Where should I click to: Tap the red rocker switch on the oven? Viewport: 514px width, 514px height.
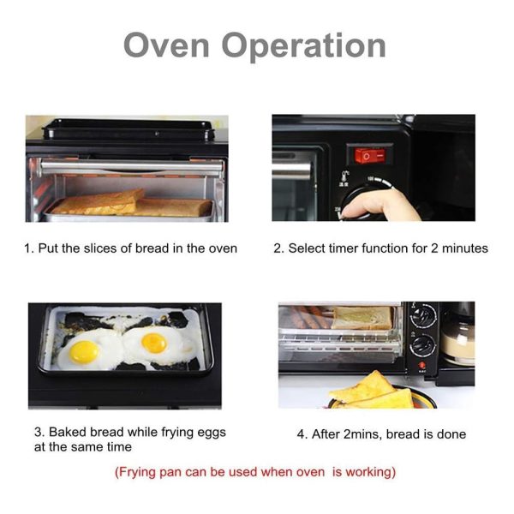point(363,156)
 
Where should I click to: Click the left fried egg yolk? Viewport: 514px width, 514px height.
point(84,351)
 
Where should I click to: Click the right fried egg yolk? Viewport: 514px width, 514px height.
point(154,343)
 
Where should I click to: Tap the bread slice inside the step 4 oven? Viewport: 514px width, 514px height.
point(362,318)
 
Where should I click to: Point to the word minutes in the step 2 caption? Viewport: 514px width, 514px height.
point(463,248)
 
